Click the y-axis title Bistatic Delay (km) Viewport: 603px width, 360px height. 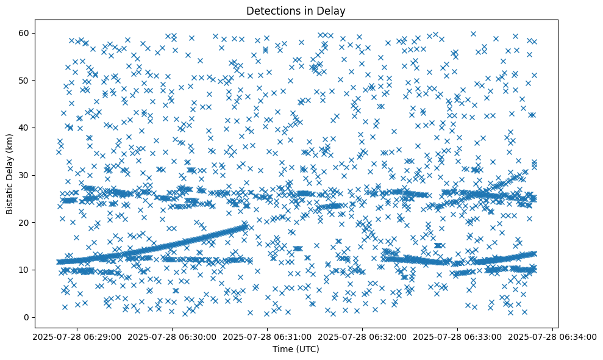click(x=9, y=174)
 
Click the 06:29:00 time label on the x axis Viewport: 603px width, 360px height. click(x=76, y=336)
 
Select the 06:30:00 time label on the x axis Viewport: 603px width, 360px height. click(x=171, y=336)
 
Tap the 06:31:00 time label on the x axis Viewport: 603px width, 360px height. click(x=267, y=336)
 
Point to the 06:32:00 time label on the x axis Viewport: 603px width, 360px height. click(x=363, y=336)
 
